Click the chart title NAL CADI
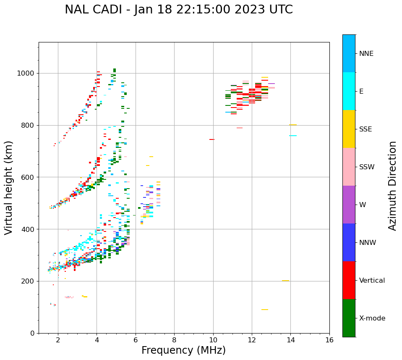coord(179,10)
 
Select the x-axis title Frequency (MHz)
coord(183,350)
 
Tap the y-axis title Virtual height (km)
coord(9,188)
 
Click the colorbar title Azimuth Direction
coord(392,186)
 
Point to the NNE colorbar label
coord(366,54)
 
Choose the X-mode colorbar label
coord(372,318)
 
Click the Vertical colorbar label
coord(372,281)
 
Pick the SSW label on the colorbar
coord(367,167)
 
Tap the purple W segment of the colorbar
coord(349,205)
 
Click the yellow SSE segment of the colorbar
coord(349,129)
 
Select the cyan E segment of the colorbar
coord(349,91)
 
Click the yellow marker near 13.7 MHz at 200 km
coord(285,281)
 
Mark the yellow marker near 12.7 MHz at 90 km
coord(265,310)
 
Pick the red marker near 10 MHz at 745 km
coord(212,139)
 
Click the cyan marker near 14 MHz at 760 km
coord(293,136)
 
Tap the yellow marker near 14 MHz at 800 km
coord(293,125)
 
